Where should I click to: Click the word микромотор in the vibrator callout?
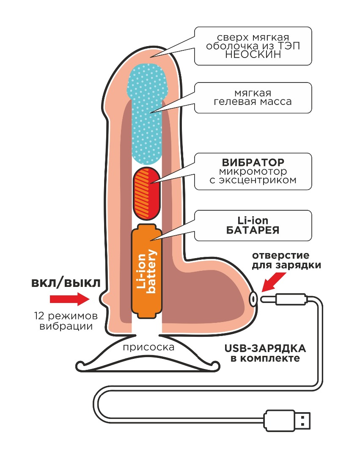[253, 172]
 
